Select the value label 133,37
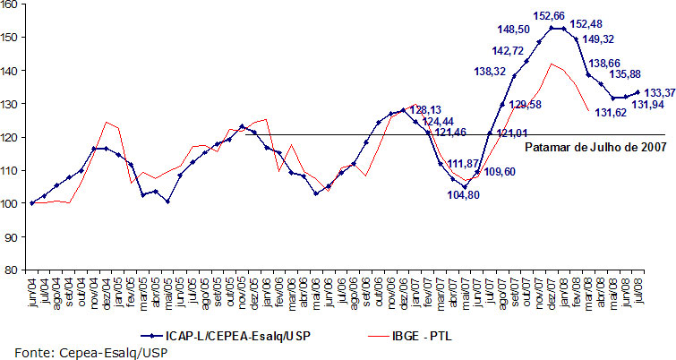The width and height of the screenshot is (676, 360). (x=658, y=92)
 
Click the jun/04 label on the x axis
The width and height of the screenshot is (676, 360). (x=32, y=294)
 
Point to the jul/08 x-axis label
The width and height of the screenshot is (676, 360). (x=637, y=294)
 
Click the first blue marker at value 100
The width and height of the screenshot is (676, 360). (x=32, y=203)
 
